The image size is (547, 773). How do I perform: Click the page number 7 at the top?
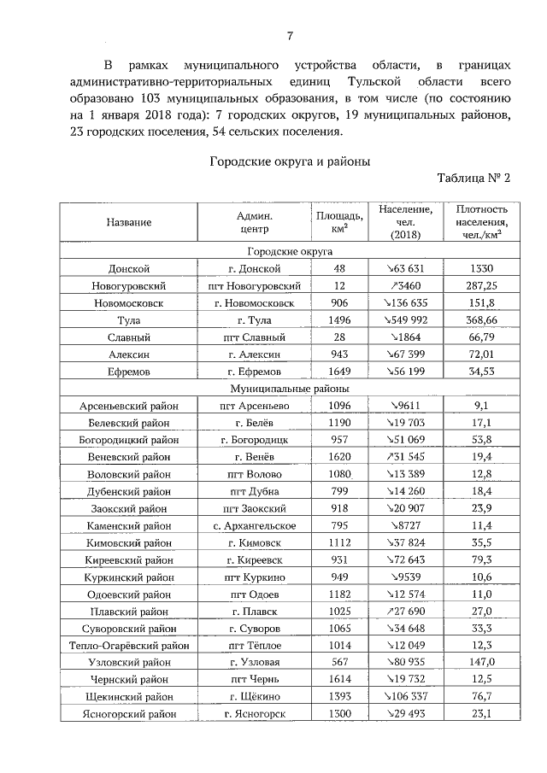[x=290, y=35]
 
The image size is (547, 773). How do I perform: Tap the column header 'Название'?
[x=129, y=222]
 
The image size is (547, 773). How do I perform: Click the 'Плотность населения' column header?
[x=482, y=222]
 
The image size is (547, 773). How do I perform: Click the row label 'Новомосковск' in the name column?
[x=129, y=303]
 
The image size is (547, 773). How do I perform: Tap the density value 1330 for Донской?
[x=482, y=268]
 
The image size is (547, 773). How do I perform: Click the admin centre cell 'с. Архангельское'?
[x=255, y=525]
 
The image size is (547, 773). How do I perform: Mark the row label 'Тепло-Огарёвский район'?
[x=129, y=664]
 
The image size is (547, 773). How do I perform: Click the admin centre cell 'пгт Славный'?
[x=255, y=337]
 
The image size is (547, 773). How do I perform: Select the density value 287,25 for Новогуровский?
[x=482, y=285]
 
